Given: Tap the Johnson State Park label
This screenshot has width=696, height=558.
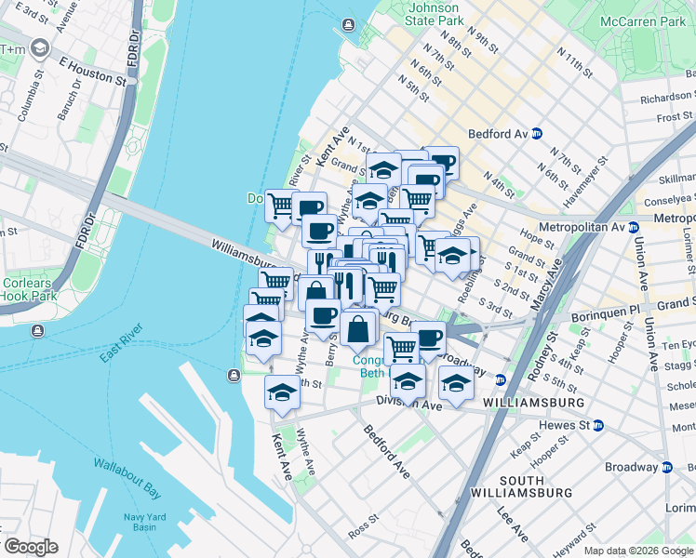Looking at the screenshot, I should [x=435, y=14].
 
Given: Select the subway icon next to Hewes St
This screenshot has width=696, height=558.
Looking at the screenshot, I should [x=598, y=425].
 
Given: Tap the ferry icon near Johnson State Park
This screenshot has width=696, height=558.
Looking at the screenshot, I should [x=348, y=25].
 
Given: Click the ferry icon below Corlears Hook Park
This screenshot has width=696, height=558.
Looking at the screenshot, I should [x=36, y=331].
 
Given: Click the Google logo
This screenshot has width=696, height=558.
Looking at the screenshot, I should [x=30, y=548].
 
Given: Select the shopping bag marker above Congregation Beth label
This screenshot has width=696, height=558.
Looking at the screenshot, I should [x=358, y=328].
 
